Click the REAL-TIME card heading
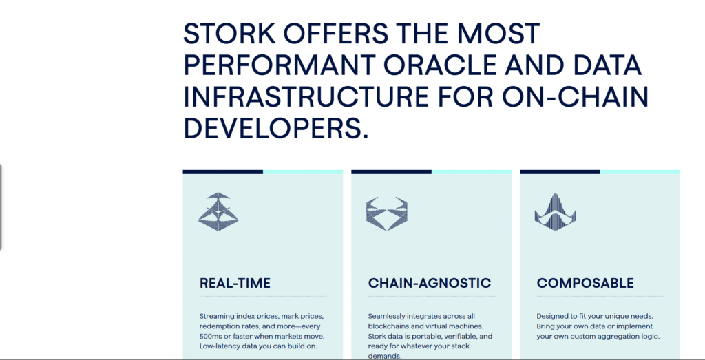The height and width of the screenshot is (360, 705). [x=235, y=283]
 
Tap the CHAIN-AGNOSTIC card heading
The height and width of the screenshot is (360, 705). [x=430, y=283]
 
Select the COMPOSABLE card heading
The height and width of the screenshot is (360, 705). [x=585, y=283]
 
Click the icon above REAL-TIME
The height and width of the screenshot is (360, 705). [x=218, y=211]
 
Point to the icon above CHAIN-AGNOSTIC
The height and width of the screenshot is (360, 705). [x=386, y=213]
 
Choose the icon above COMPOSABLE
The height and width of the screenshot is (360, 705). [x=555, y=212]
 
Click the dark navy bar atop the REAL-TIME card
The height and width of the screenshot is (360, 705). [x=222, y=171]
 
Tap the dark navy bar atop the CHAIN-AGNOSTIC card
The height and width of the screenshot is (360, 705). [x=391, y=171]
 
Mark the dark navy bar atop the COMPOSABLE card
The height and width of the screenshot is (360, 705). [x=560, y=171]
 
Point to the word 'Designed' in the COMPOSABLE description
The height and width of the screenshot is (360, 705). [x=552, y=316]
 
